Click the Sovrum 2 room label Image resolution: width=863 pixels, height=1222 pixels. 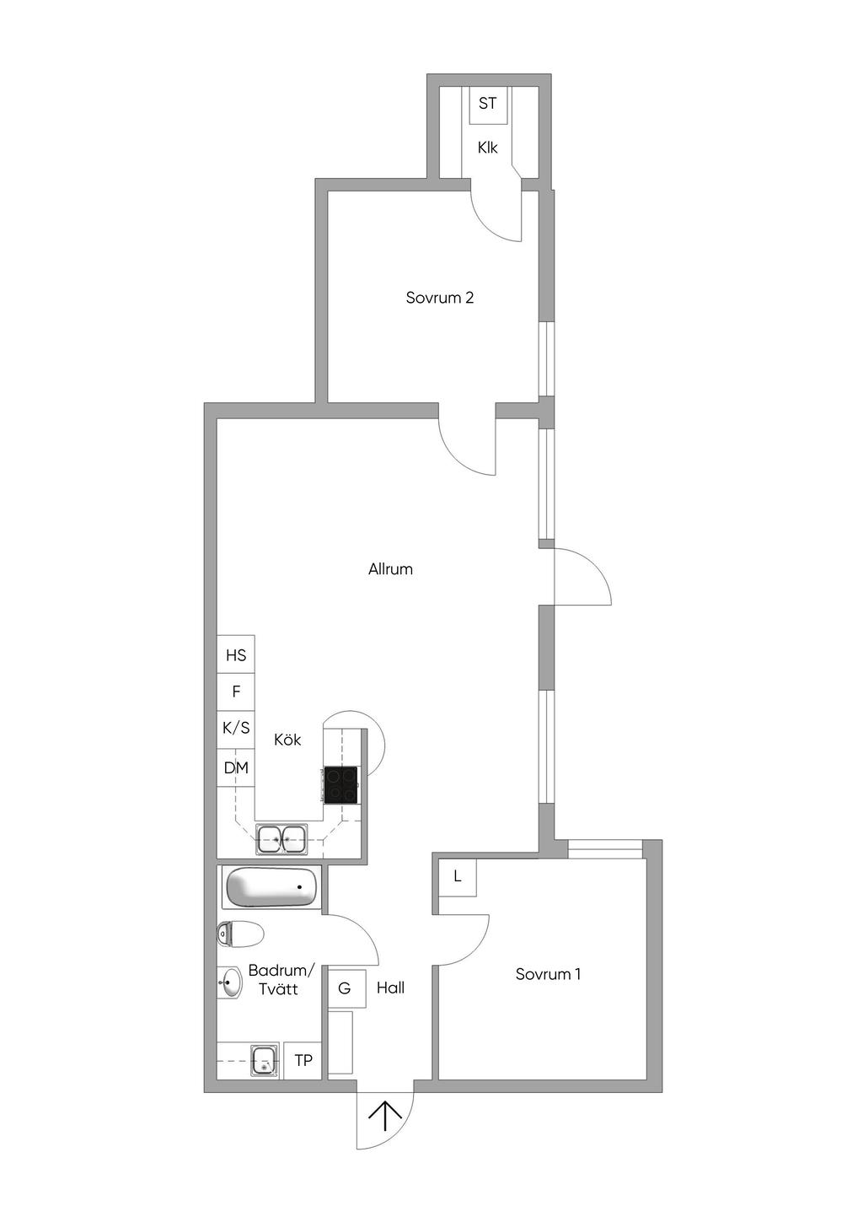[439, 298]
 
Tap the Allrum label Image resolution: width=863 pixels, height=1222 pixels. [390, 569]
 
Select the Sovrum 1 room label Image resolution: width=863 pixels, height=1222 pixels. [548, 974]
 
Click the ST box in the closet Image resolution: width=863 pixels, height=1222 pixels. [487, 103]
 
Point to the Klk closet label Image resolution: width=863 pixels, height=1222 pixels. [487, 148]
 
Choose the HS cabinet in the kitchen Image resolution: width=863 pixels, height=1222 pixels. [235, 654]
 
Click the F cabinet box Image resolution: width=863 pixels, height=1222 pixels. [235, 692]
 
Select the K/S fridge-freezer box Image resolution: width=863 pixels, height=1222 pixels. [235, 729]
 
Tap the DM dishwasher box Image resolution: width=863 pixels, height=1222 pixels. [235, 767]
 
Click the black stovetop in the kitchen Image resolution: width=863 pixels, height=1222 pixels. [340, 784]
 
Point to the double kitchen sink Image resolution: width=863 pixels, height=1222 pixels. [281, 839]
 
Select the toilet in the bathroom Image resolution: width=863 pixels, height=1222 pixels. [240, 934]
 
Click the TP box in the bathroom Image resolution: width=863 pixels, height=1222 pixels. [303, 1060]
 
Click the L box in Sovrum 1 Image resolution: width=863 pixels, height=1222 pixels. [458, 877]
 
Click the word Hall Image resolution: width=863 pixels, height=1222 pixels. [390, 988]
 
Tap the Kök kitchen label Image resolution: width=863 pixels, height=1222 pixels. [287, 740]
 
